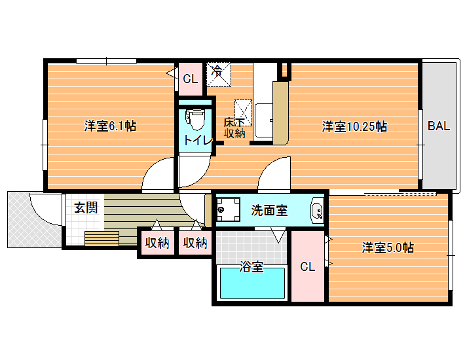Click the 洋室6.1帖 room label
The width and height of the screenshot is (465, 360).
[110, 126]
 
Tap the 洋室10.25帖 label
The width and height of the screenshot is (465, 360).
[354, 126]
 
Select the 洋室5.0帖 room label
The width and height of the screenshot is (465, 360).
[388, 247]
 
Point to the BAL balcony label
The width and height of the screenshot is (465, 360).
[439, 126]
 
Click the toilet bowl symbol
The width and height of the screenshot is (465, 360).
[195, 119]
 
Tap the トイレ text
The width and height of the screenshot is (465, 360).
[198, 141]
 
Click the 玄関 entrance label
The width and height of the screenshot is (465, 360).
[86, 207]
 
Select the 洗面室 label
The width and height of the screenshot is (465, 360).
[269, 210]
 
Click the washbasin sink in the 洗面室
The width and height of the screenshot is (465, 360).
[317, 210]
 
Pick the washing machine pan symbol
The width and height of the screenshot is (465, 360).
[228, 209]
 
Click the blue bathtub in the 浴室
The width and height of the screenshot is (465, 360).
[252, 283]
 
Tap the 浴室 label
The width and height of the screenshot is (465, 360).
[251, 266]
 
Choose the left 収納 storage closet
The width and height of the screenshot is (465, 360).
[157, 243]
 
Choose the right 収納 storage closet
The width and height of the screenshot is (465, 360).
[195, 243]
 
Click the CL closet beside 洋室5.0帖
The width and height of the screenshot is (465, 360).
[308, 266]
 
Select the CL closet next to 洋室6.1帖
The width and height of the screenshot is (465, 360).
[191, 79]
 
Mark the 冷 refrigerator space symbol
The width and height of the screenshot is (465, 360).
[219, 75]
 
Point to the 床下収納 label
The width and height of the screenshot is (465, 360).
[234, 128]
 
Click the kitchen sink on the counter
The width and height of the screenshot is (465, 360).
[264, 120]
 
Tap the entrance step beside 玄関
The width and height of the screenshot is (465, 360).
[102, 238]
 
